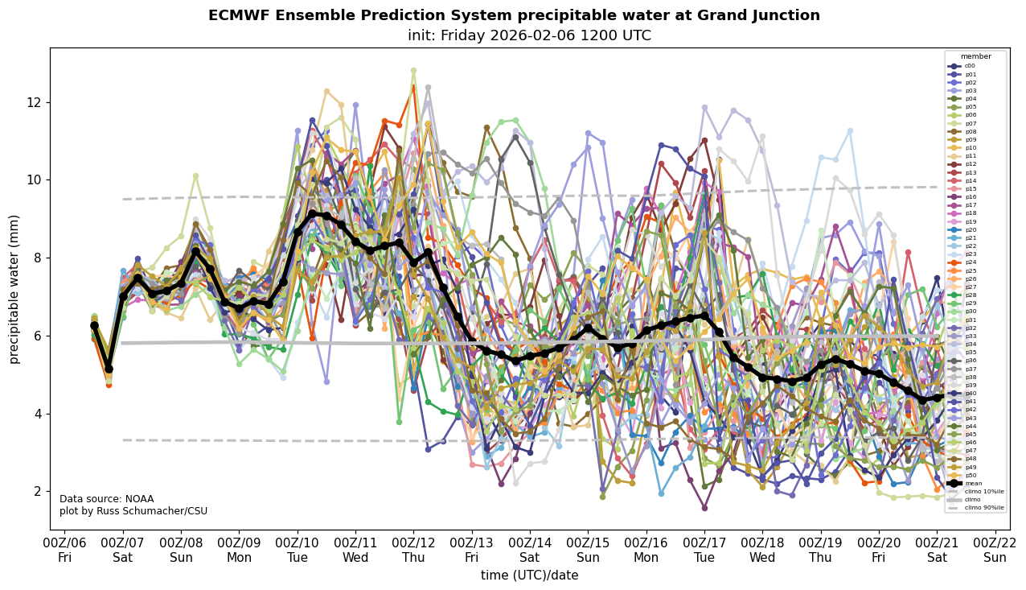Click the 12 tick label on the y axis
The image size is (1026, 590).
point(34,102)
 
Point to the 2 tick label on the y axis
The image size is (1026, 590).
point(37,491)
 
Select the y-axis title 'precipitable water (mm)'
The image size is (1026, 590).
point(14,289)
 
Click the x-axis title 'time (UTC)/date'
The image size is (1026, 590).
point(529,576)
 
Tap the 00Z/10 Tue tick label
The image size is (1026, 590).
point(298,551)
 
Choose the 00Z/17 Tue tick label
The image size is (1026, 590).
point(704,551)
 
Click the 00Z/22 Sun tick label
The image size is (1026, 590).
point(995,551)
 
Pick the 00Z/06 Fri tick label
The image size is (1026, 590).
point(65,551)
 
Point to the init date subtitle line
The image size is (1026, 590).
point(529,36)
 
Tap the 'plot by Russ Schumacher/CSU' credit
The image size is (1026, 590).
point(133,511)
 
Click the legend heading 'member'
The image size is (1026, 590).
point(975,56)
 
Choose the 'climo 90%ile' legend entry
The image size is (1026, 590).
point(982,508)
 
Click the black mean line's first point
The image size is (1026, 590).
point(94,325)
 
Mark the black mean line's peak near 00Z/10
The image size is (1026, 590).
point(312,213)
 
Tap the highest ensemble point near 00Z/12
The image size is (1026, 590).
point(413,71)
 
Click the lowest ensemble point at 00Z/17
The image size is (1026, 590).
point(704,508)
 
